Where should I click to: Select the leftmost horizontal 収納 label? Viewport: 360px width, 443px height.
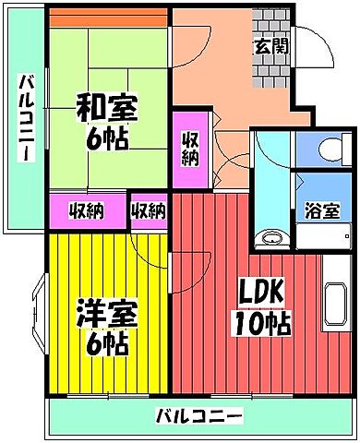click(86, 210)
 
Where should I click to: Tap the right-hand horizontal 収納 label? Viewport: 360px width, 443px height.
click(148, 210)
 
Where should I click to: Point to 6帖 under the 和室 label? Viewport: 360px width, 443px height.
click(107, 139)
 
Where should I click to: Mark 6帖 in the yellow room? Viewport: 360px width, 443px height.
click(107, 344)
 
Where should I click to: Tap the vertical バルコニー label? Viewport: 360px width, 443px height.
click(27, 118)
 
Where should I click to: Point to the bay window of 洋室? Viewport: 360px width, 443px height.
click(37, 313)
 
